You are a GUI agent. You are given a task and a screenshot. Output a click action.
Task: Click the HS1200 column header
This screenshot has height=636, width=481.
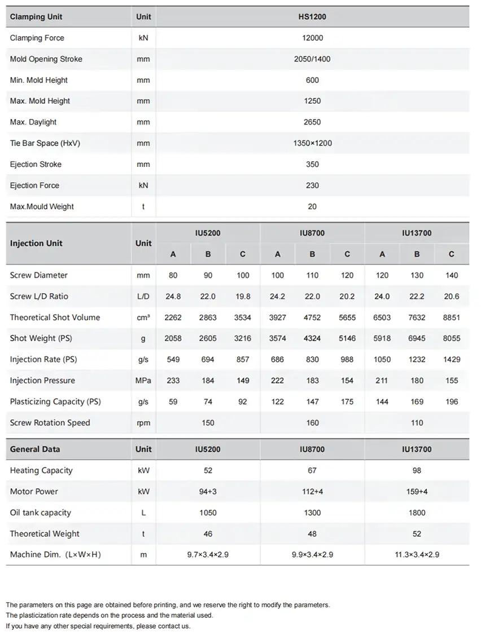point(312,17)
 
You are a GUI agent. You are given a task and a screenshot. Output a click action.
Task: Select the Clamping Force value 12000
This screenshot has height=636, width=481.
point(312,38)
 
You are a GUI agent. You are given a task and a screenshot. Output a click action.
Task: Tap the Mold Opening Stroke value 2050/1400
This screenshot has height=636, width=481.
point(312,59)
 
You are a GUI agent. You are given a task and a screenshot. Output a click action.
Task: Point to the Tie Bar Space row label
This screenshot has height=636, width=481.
point(45,143)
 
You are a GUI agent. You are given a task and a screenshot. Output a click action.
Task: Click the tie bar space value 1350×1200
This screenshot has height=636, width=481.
point(312,143)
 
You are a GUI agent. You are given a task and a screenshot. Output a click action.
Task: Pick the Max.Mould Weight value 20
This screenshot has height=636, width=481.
point(312,206)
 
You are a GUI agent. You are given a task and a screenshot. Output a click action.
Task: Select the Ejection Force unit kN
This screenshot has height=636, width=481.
point(143,185)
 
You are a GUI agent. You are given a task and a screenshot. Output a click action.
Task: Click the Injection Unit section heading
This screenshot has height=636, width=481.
point(36,244)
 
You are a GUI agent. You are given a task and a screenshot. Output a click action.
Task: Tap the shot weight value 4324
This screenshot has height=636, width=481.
point(312,338)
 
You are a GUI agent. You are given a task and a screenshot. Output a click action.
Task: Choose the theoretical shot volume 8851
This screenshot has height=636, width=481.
point(452,317)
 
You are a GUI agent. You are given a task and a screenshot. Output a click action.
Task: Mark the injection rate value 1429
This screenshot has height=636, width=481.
point(452,359)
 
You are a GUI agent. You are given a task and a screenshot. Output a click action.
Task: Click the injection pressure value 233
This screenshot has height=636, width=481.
point(173,381)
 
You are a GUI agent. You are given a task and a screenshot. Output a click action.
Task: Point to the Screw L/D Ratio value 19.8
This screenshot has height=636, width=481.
point(243,297)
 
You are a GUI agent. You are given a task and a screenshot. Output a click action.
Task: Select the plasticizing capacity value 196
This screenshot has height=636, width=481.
point(452,401)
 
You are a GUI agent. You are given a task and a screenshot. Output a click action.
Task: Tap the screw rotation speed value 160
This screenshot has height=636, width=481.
point(312,423)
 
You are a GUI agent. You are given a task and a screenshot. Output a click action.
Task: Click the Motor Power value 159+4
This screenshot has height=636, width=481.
point(417,492)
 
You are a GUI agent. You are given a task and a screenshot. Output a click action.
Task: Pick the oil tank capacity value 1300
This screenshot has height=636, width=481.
point(312,513)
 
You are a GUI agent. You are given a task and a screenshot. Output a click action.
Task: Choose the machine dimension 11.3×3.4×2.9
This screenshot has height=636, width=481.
point(417,555)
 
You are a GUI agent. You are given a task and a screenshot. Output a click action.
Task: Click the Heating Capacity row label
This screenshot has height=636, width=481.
point(41,470)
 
